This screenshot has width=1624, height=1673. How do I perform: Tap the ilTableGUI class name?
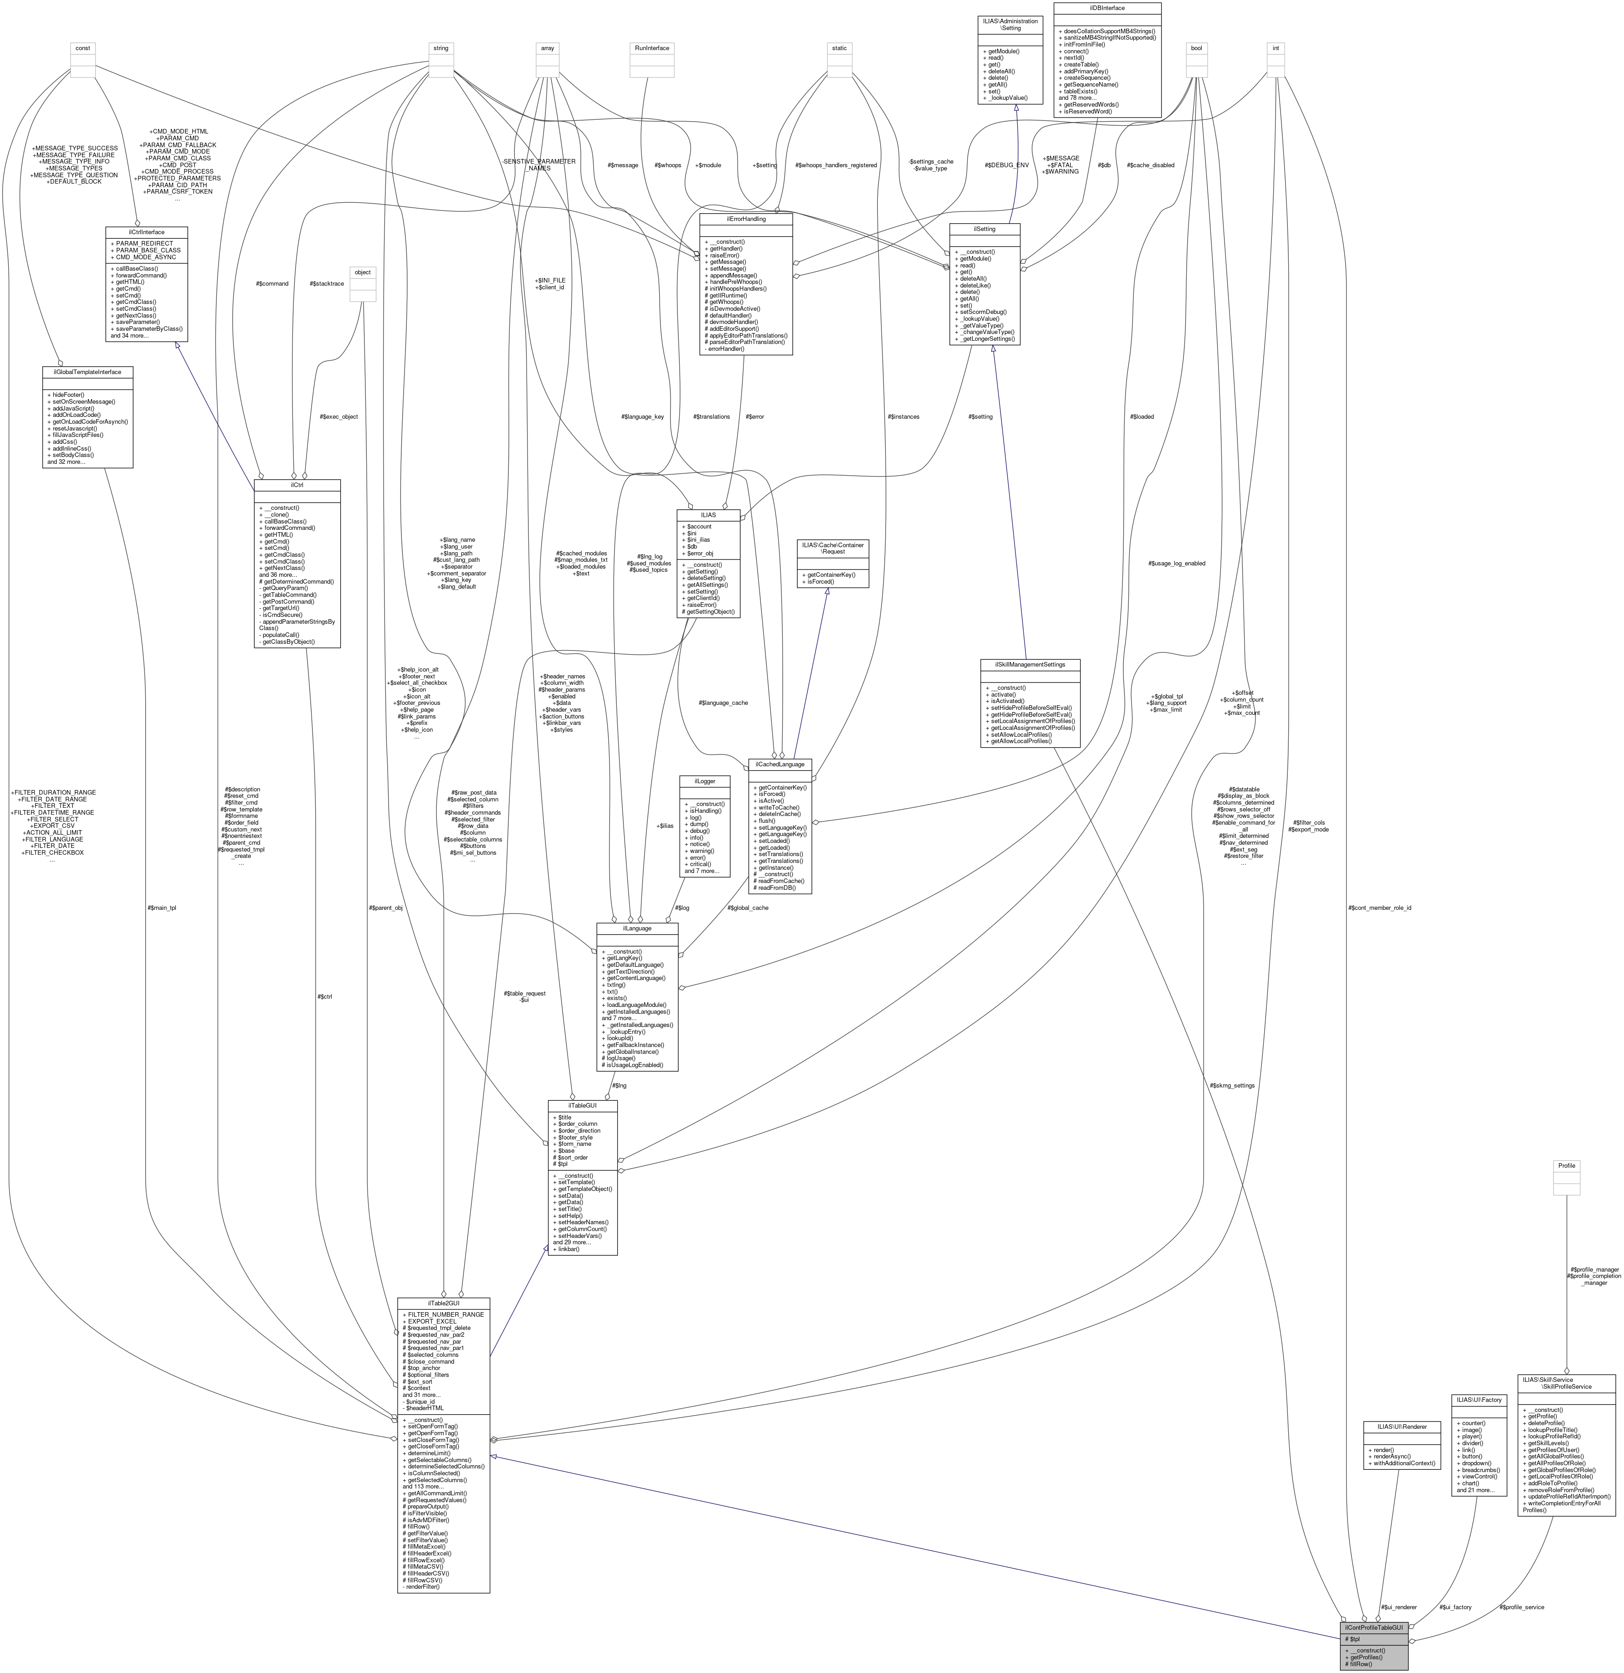pos(582,1104)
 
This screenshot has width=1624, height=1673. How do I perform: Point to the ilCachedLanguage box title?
pos(779,764)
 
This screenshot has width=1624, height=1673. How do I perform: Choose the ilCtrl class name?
pos(297,485)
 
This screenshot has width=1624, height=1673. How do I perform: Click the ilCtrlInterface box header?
pos(146,231)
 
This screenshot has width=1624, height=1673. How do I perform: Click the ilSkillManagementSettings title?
pos(1030,664)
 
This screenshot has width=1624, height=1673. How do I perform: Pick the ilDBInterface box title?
pos(1108,8)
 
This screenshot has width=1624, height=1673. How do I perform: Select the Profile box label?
pos(1566,1165)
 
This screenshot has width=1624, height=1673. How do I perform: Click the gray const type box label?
pos(83,48)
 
